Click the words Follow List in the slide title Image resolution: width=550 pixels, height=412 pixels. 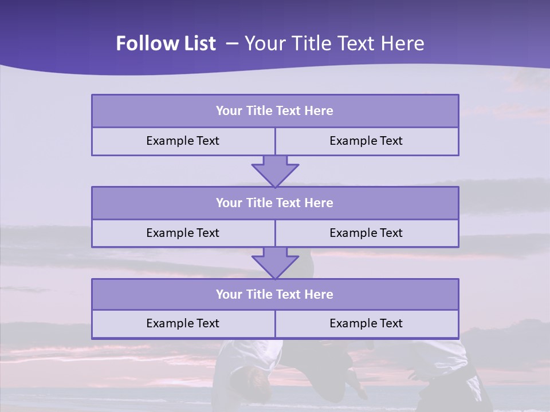click(x=166, y=43)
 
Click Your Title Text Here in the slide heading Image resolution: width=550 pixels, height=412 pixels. click(x=335, y=43)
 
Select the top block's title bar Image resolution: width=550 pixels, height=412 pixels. click(x=275, y=111)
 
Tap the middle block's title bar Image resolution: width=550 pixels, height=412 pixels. click(x=275, y=203)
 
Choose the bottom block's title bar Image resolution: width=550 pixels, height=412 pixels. click(x=275, y=294)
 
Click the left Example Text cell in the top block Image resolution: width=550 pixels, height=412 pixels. click(x=183, y=141)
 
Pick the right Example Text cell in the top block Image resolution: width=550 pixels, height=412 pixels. click(x=367, y=141)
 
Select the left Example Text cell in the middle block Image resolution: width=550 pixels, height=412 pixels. click(x=183, y=233)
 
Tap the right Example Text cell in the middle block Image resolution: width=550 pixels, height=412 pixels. click(x=367, y=233)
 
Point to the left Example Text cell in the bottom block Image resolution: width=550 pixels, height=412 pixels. click(x=183, y=323)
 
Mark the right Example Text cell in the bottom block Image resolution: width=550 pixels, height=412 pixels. click(x=367, y=323)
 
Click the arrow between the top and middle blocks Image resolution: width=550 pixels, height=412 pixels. click(x=275, y=171)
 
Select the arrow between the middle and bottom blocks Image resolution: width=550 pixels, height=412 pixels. click(x=275, y=263)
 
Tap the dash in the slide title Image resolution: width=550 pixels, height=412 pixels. click(x=232, y=43)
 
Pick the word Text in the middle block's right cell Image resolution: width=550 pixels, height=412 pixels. click(x=391, y=233)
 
